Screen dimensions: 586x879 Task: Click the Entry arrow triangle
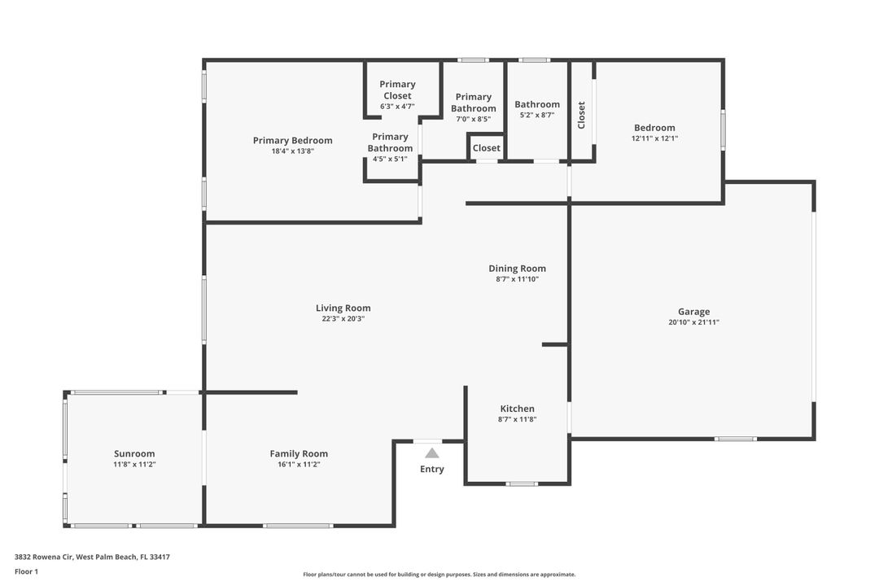coord(432,453)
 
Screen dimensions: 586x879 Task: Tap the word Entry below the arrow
coord(432,469)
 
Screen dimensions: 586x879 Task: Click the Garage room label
coord(693,312)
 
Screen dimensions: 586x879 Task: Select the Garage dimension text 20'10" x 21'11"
coord(693,322)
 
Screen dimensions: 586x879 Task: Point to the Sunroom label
coord(134,454)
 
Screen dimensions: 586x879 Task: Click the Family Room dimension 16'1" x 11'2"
coord(299,465)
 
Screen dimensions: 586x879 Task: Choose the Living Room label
coord(343,308)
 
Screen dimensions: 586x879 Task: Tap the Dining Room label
coord(517,269)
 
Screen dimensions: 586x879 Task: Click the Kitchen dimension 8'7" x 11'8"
coord(517,420)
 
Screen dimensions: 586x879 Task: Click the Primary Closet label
coord(397,90)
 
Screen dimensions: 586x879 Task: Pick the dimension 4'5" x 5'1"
coord(390,160)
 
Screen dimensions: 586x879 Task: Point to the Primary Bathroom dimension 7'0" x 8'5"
coord(473,120)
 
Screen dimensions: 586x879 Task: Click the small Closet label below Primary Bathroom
coord(487,148)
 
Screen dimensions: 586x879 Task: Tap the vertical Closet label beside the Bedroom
coord(581,115)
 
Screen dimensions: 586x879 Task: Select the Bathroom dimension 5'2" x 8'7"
coord(536,116)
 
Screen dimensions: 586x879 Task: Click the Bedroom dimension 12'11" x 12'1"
coord(654,138)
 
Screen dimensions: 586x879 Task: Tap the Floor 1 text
coord(26,571)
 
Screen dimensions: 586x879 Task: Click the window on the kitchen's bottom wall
coord(522,484)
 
